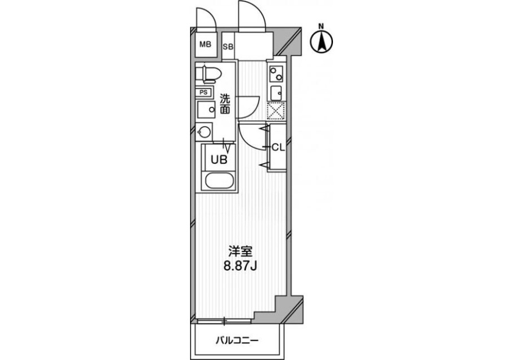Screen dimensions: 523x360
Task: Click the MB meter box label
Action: pos(206,44)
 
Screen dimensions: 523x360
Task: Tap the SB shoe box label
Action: pos(228,46)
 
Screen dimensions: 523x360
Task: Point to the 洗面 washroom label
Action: pos(225,105)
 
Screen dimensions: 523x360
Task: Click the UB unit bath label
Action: pos(219,160)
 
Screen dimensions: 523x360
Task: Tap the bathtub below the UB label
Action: pos(220,181)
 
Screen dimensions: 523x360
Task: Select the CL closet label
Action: pos(278,147)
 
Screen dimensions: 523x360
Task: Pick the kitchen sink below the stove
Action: pos(276,93)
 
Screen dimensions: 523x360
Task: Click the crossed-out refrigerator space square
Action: pos(276,110)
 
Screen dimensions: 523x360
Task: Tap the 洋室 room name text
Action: pos(241,251)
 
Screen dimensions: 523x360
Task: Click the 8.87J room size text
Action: pos(240,267)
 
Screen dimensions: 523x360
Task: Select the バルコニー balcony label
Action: pos(237,341)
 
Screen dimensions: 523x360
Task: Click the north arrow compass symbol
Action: pos(321,42)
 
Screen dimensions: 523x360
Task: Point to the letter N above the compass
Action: pos(321,26)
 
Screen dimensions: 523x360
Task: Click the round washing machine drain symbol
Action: pos(204,132)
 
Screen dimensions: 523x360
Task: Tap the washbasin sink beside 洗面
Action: pos(206,110)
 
